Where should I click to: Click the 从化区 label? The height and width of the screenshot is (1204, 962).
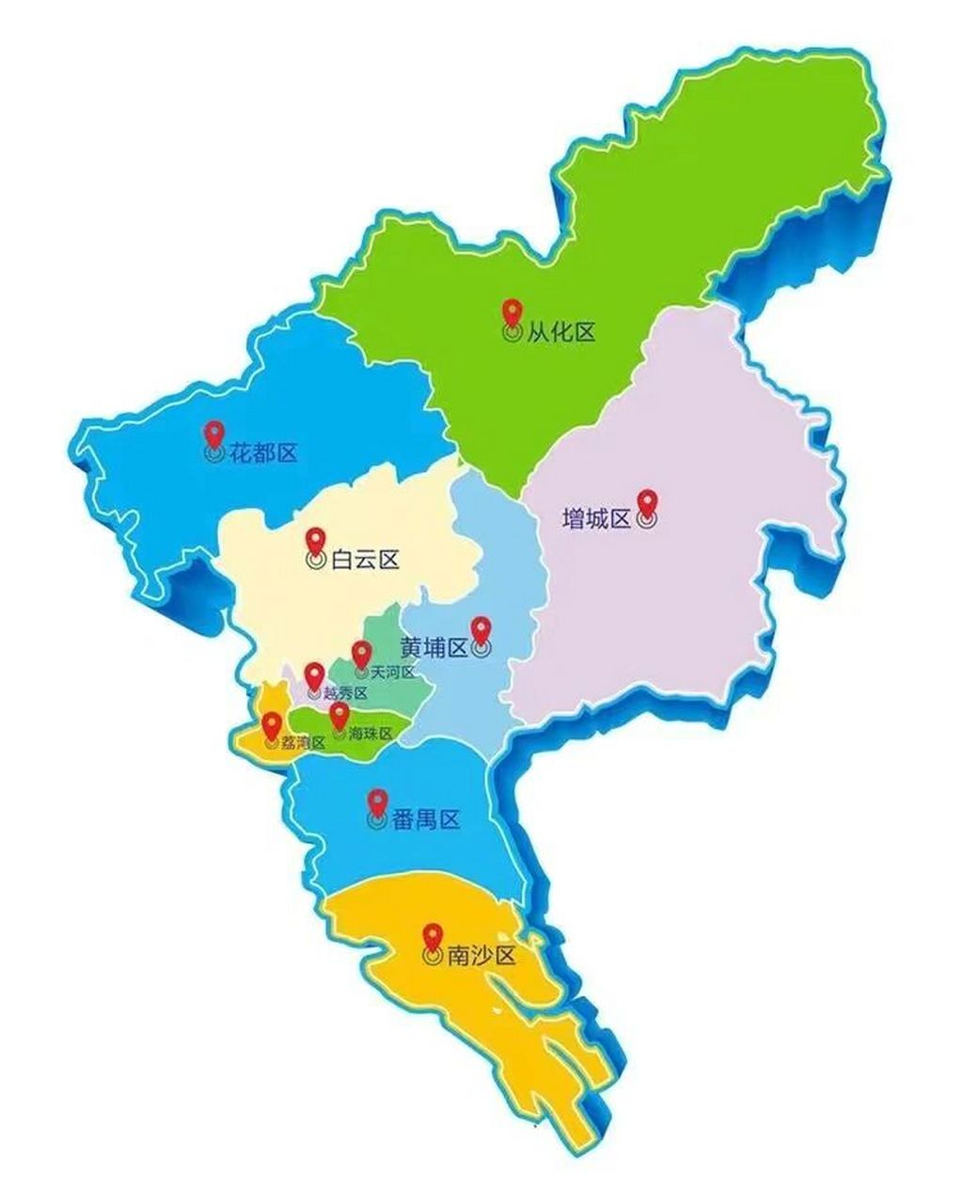561,333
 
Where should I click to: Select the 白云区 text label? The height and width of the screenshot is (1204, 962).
365,561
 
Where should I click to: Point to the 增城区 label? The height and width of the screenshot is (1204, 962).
596,519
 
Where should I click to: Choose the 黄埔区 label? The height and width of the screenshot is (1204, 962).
434,648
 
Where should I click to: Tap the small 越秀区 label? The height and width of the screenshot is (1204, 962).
345,693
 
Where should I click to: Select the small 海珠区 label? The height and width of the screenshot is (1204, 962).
370,733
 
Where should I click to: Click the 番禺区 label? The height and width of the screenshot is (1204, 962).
425,820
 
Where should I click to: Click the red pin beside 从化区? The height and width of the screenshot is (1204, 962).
513,313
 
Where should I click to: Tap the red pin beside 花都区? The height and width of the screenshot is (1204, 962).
215,434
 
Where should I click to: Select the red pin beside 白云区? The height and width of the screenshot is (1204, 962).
316,542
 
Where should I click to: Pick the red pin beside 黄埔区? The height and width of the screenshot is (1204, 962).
481,630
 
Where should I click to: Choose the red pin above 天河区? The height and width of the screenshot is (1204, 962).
361,654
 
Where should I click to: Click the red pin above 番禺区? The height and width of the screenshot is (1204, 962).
377,802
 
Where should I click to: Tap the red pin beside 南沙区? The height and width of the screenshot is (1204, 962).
433,938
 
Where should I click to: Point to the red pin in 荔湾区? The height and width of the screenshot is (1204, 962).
272,725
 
